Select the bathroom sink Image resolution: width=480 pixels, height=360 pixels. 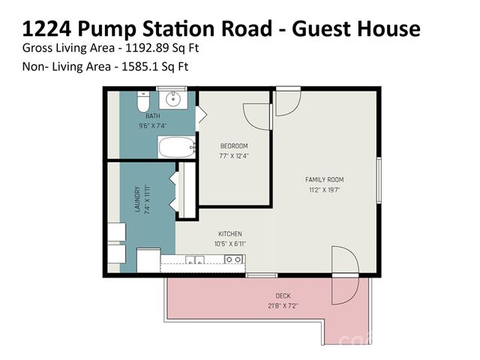click(x=175, y=98)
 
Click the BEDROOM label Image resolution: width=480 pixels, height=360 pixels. click(x=233, y=145)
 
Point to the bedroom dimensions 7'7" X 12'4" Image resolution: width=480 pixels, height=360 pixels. click(x=233, y=155)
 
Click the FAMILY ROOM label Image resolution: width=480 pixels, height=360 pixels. click(x=324, y=180)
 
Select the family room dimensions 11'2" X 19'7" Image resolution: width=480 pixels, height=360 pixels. click(x=324, y=190)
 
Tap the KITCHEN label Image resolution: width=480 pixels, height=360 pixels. click(x=230, y=234)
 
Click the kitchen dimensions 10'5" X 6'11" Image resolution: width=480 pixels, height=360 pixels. click(x=230, y=244)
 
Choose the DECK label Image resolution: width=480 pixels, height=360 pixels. click(x=283, y=296)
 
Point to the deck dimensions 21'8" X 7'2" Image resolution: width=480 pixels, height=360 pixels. click(x=283, y=306)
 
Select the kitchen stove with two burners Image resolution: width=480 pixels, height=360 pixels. click(x=233, y=260)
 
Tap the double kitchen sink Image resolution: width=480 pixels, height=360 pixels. click(x=196, y=260)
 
